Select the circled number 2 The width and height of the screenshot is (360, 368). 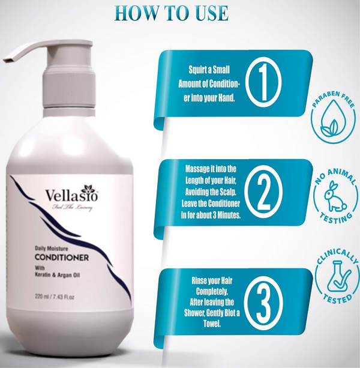tap(263, 193)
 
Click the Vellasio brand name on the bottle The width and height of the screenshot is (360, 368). tap(71, 196)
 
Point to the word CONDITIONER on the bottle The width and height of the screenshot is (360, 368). tap(62, 258)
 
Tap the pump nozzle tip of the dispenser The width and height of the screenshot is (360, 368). tap(7, 59)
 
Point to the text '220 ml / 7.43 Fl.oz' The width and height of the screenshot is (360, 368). tap(55, 297)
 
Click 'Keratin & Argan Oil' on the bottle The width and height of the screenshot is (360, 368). tap(58, 275)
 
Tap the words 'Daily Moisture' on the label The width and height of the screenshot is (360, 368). tap(52, 249)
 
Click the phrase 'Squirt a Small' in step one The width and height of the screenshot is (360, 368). tap(209, 70)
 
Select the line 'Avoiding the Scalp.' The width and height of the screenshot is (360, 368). tap(211, 192)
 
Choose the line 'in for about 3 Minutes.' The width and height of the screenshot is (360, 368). tap(211, 215)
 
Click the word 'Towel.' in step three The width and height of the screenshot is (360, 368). tap(212, 324)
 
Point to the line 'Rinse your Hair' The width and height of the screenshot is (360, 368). tap(212, 280)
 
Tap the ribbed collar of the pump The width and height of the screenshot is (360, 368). tap(69, 88)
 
